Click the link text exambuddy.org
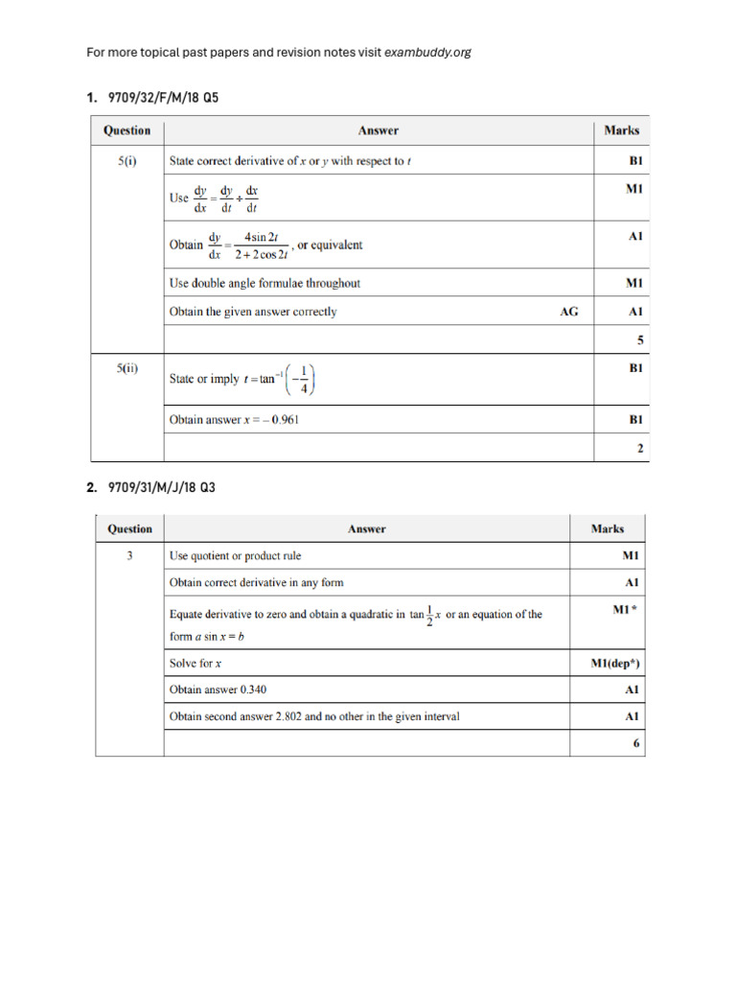point(427,52)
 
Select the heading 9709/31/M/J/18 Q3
point(155,488)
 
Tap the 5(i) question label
point(127,161)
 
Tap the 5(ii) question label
point(127,368)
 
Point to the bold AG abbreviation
point(569,312)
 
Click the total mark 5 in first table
point(640,340)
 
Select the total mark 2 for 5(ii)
point(640,448)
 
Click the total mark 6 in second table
point(636,743)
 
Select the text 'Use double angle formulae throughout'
point(264,283)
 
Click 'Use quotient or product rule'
point(247,555)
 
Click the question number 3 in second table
point(129,555)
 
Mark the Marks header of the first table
point(621,130)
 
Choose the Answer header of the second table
point(367,528)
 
